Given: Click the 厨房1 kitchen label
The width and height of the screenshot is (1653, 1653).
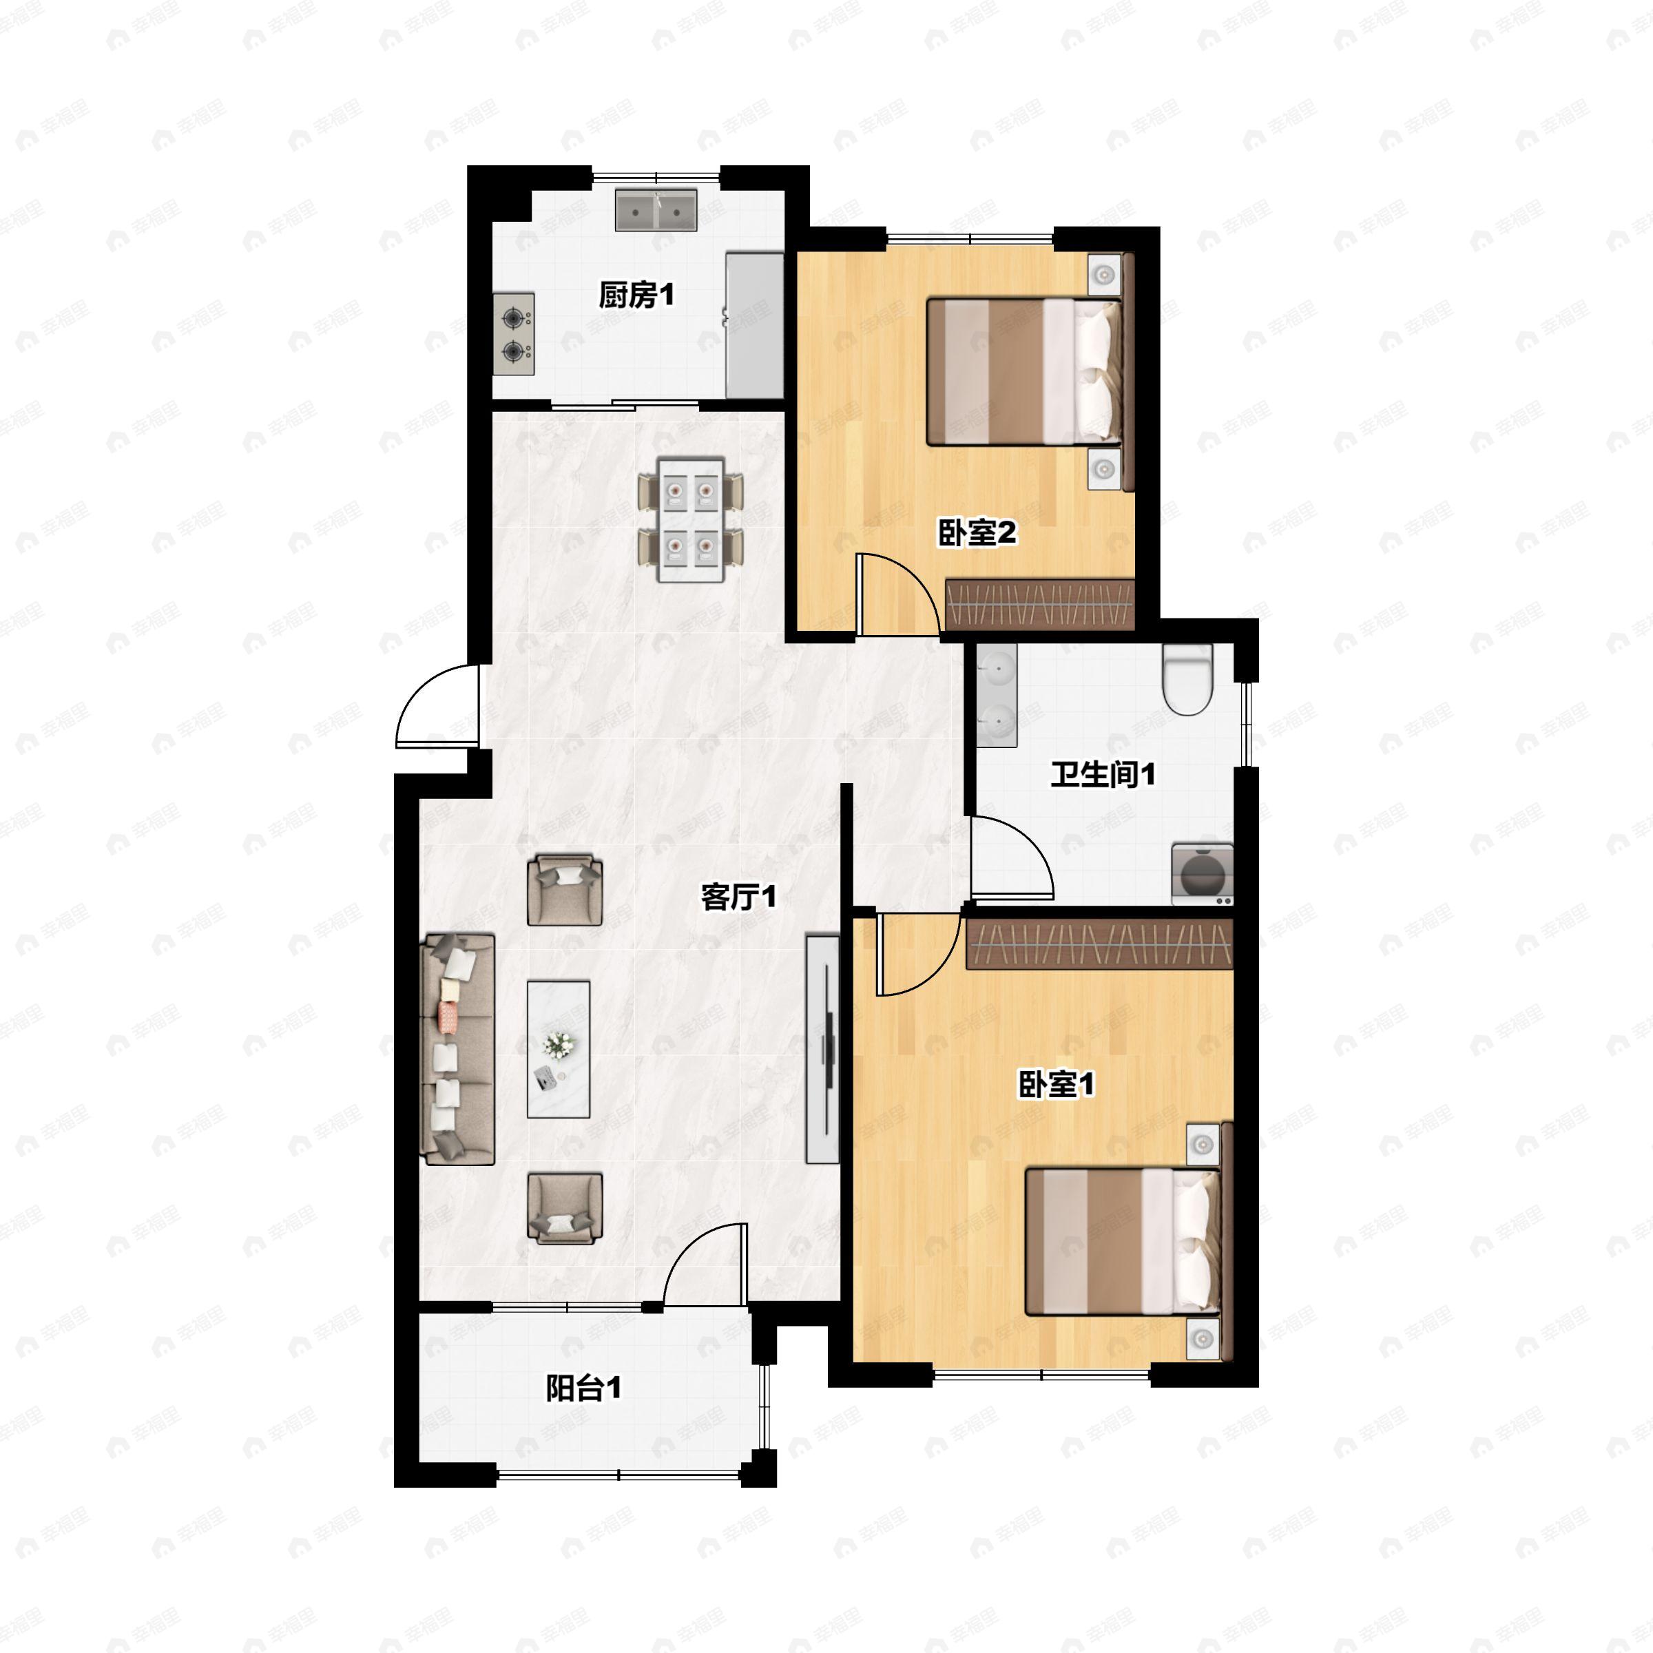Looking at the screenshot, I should [636, 296].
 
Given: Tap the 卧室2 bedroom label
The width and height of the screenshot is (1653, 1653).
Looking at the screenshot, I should [977, 534].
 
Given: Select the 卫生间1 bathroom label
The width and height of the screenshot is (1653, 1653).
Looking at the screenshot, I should [1103, 775].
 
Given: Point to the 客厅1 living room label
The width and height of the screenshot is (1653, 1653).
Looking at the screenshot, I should [738, 897].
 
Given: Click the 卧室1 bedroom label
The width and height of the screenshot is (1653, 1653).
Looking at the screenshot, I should [1056, 1085].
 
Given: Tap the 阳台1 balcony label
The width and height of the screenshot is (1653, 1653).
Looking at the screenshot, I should [584, 1389].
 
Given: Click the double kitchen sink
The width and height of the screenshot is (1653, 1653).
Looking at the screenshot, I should [656, 211].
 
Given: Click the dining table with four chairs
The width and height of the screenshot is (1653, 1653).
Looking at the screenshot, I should [690, 519].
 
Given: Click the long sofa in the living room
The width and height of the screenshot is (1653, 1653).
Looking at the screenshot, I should [460, 1049].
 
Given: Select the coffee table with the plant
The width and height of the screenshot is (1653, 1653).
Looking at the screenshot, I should [558, 1049].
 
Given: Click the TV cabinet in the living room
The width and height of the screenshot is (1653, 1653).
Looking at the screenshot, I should [823, 1049].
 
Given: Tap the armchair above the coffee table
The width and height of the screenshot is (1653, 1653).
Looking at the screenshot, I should [565, 889].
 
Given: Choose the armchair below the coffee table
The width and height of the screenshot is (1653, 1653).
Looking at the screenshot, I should [565, 1207].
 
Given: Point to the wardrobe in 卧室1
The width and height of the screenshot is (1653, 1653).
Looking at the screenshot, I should [1099, 944].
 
